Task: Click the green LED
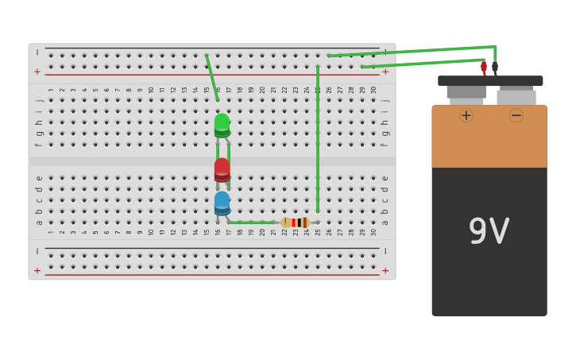click(x=222, y=124)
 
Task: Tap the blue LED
click(x=222, y=202)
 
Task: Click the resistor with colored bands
click(x=295, y=223)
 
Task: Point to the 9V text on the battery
click(x=489, y=231)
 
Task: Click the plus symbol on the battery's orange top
click(x=466, y=115)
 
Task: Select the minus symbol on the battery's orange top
click(x=516, y=115)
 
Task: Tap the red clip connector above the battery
click(x=483, y=68)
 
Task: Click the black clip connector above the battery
click(x=495, y=68)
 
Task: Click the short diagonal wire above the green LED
click(x=212, y=77)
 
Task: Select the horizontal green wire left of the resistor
click(x=250, y=223)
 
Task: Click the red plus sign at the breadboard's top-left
click(x=37, y=72)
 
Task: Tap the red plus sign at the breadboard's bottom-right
click(x=385, y=270)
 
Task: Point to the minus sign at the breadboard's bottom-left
click(x=37, y=251)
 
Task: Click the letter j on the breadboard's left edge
click(x=38, y=100)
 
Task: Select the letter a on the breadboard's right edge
click(x=385, y=222)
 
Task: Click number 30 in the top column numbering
click(x=373, y=90)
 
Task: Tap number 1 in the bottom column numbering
click(x=51, y=232)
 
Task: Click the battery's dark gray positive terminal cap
click(x=466, y=91)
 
